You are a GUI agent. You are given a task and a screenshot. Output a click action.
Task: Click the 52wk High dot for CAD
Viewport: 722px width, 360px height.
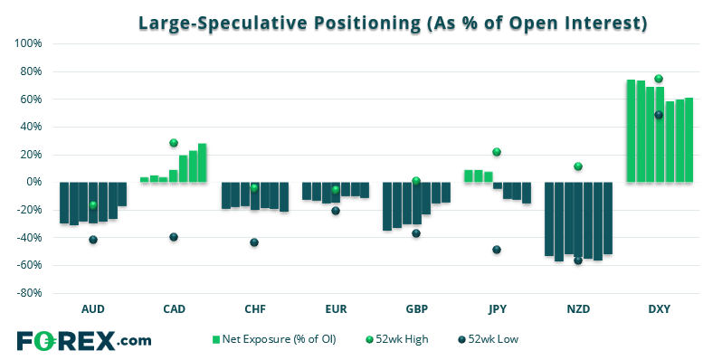click(x=174, y=143)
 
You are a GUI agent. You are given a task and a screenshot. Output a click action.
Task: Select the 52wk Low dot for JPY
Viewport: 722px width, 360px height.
click(x=497, y=250)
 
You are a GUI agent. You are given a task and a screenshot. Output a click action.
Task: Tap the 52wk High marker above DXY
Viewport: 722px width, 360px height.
click(x=659, y=79)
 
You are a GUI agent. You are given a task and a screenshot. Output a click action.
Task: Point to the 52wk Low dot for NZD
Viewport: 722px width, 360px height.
click(x=578, y=261)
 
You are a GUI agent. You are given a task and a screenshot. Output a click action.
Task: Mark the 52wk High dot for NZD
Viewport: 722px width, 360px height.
click(x=578, y=166)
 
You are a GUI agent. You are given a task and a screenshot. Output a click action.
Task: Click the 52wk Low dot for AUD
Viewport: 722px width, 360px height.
click(x=93, y=240)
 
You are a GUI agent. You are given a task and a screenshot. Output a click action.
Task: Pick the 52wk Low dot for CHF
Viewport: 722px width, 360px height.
click(x=254, y=242)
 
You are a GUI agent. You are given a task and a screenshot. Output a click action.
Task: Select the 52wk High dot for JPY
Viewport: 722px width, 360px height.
click(x=497, y=152)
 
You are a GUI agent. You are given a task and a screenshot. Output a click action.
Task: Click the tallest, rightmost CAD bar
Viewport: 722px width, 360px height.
click(x=202, y=163)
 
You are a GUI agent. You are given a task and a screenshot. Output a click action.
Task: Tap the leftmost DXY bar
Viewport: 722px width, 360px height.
click(x=631, y=131)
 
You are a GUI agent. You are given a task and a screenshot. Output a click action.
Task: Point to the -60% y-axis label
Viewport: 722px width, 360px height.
click(x=31, y=265)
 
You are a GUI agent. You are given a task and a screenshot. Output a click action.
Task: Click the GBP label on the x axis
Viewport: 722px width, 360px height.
click(x=417, y=308)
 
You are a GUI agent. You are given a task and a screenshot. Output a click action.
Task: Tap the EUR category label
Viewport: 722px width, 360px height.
click(x=336, y=308)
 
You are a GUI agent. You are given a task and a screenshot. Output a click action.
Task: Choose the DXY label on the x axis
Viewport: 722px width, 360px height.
click(x=660, y=308)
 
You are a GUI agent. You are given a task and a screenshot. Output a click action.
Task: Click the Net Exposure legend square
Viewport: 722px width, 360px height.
click(x=215, y=340)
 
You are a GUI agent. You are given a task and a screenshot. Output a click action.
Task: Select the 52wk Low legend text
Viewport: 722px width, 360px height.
click(x=493, y=339)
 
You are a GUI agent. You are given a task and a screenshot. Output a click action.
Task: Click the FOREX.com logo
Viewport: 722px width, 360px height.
click(x=84, y=341)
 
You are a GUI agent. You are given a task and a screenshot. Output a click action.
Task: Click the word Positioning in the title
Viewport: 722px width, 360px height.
click(x=367, y=23)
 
